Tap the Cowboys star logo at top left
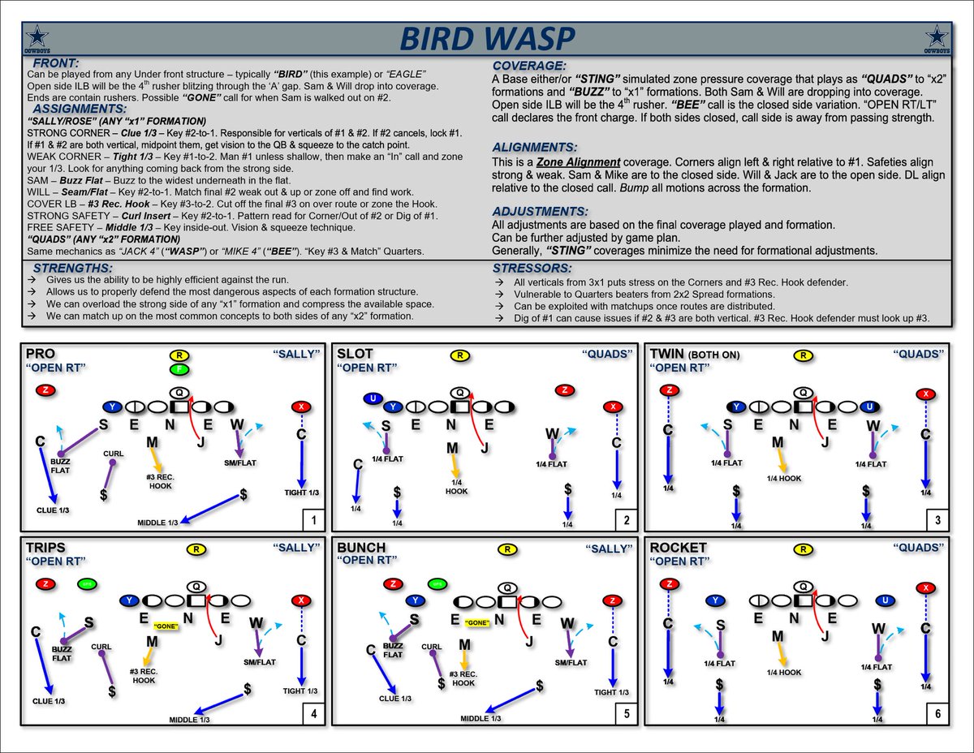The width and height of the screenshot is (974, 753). (x=37, y=38)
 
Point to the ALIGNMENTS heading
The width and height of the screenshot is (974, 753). (x=537, y=147)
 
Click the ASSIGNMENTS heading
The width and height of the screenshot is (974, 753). (x=80, y=108)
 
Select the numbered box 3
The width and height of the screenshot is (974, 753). (x=937, y=519)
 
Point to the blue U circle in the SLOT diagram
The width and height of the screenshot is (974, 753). (x=373, y=398)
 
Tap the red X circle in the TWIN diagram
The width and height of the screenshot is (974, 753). (x=924, y=394)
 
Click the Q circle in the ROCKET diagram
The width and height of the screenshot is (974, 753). (x=804, y=586)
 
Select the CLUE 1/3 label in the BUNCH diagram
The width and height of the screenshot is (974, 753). (x=395, y=698)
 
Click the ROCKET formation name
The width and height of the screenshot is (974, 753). (x=679, y=548)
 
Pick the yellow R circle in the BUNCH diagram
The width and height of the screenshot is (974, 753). (x=507, y=549)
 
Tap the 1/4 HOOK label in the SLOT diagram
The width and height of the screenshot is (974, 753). (x=456, y=486)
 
